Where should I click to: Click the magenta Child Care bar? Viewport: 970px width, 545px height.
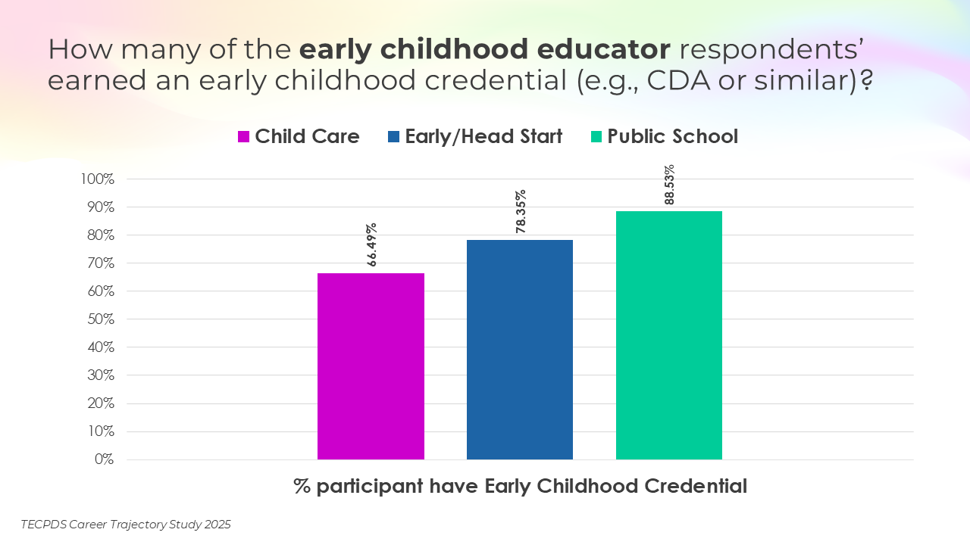click(x=371, y=366)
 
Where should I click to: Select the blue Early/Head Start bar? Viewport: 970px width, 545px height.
click(x=520, y=350)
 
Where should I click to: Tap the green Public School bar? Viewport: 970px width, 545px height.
click(x=669, y=335)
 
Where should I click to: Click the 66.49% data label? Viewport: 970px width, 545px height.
click(x=372, y=245)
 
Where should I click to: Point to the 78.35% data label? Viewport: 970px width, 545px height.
click(x=521, y=211)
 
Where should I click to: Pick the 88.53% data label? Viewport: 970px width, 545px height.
click(x=670, y=185)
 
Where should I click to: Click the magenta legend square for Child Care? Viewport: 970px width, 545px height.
click(x=244, y=137)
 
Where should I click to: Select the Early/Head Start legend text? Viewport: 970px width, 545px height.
click(x=483, y=136)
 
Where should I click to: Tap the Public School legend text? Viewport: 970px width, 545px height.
click(x=672, y=136)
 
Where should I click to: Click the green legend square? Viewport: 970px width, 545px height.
click(x=596, y=137)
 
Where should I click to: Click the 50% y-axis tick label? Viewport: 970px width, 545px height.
click(x=99, y=319)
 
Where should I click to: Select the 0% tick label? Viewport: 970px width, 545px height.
click(x=104, y=459)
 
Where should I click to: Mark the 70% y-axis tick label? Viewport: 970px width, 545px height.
click(x=99, y=263)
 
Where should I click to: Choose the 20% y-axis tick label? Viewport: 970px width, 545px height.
click(x=99, y=403)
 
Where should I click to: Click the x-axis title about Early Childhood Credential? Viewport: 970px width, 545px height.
click(x=520, y=486)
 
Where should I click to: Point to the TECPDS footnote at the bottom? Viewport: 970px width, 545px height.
click(x=126, y=524)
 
